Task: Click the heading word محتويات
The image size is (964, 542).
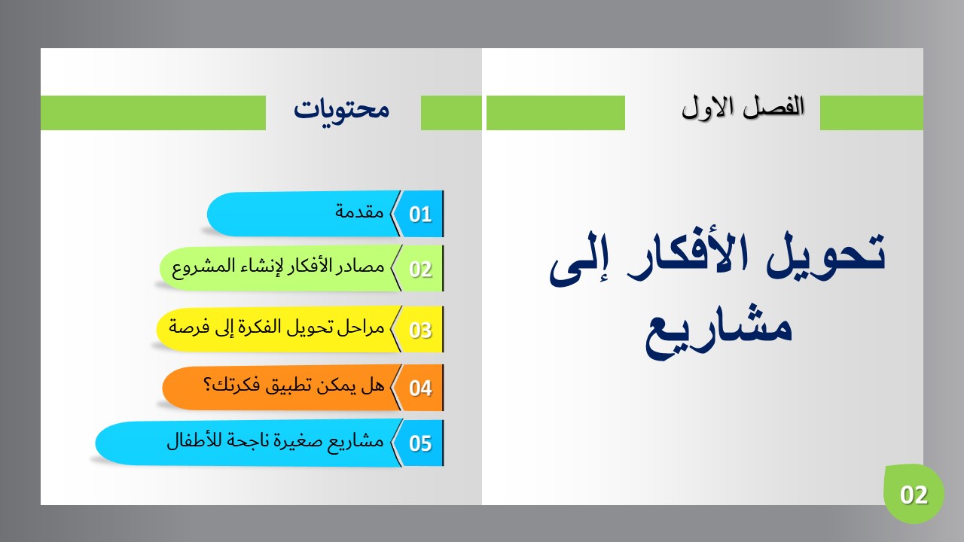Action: (342, 110)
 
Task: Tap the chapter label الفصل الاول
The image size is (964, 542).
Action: (743, 107)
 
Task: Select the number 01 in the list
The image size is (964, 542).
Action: (420, 215)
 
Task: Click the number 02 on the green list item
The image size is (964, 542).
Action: (420, 269)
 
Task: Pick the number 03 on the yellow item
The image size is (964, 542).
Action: (420, 330)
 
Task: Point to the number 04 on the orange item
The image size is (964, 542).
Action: (420, 388)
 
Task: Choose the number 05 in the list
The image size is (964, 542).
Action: (420, 443)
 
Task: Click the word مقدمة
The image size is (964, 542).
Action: (359, 212)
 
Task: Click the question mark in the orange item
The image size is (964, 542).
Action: (207, 384)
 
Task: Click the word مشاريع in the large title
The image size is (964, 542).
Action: (718, 331)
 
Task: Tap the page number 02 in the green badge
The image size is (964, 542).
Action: (914, 495)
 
